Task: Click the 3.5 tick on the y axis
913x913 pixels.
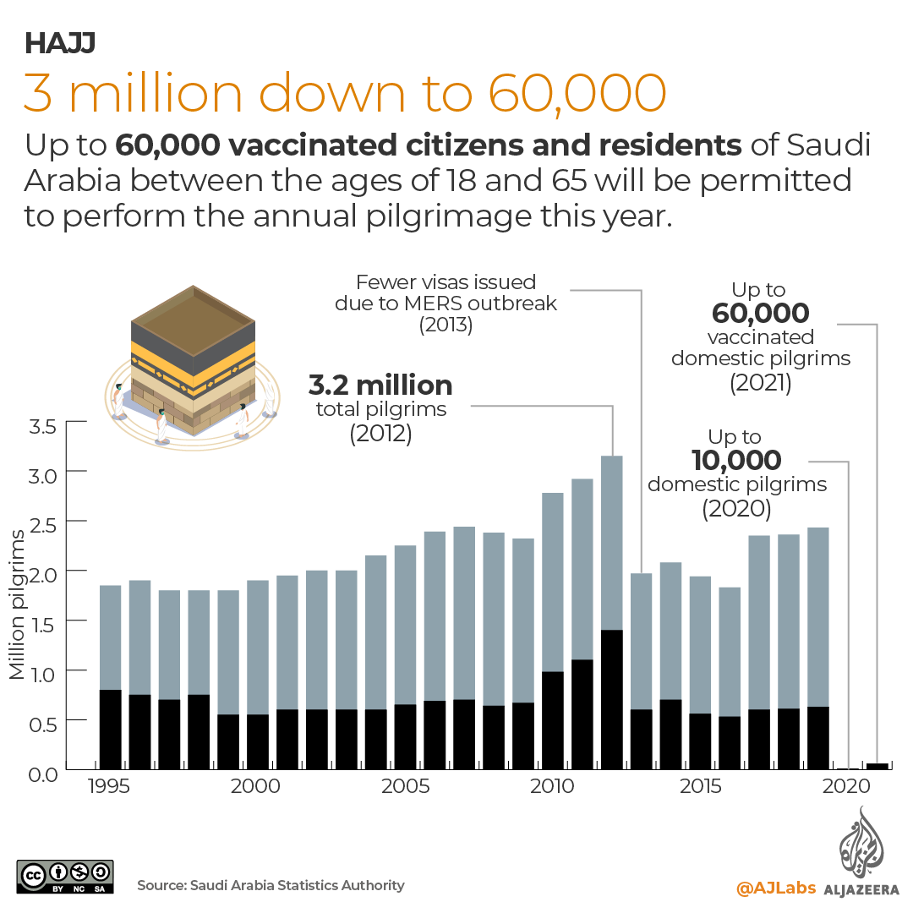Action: (42, 424)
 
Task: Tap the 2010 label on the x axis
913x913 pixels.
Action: (553, 785)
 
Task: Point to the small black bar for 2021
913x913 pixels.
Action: (877, 766)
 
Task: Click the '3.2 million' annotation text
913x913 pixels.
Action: (380, 386)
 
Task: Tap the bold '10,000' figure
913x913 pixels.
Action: (735, 461)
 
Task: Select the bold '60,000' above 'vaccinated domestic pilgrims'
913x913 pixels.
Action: (760, 314)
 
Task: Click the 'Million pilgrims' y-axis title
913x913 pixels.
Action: (18, 604)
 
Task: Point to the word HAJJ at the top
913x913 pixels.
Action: (59, 43)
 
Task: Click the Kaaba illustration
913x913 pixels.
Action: (193, 364)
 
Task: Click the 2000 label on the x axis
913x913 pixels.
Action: (256, 785)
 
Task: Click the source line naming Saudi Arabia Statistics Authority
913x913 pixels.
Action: (271, 885)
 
